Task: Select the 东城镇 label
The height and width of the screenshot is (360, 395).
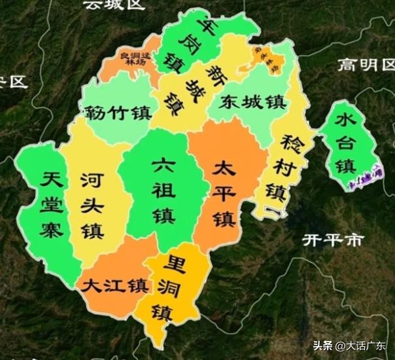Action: (250, 103)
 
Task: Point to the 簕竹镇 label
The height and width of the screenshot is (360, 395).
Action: (115, 111)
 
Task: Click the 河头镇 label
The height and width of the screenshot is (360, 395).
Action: (92, 204)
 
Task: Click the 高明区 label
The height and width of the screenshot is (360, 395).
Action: (366, 64)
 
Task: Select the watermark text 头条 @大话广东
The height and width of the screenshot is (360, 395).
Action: (349, 346)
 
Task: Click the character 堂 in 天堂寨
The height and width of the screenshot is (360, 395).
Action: (50, 205)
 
